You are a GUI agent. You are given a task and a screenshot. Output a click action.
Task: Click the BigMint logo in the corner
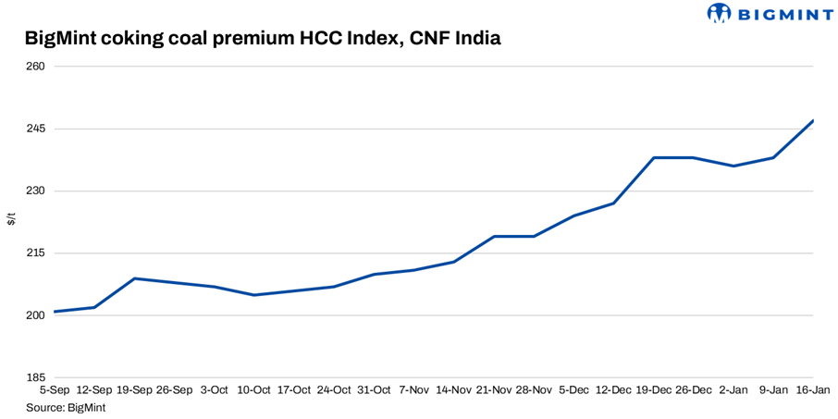click(x=770, y=13)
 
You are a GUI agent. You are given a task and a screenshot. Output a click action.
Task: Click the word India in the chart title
click(x=477, y=39)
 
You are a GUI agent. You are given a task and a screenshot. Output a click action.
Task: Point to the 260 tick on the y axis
click(x=36, y=67)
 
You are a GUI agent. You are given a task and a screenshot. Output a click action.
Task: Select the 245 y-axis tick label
click(x=36, y=129)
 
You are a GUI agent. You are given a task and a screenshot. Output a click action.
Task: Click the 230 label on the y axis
click(x=36, y=191)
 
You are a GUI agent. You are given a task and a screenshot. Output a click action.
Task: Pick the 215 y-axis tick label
click(x=36, y=253)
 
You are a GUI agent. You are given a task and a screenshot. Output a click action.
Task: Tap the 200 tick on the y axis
click(x=36, y=315)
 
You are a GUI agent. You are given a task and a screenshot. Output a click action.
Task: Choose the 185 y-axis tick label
click(x=36, y=378)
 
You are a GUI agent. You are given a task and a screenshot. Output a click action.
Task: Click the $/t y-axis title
click(x=11, y=219)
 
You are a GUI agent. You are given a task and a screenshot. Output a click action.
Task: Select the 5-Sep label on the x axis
click(x=55, y=390)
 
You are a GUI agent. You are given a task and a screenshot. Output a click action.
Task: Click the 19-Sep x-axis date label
click(x=134, y=390)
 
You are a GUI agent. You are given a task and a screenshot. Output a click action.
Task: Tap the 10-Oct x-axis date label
click(x=254, y=390)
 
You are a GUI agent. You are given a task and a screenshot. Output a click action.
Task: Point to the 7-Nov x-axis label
click(x=413, y=390)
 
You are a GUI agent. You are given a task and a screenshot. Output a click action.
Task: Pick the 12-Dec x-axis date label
click(x=613, y=390)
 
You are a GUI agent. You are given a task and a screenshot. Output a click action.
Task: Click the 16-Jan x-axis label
click(x=812, y=390)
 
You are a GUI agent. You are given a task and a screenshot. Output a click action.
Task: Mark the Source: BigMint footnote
click(x=66, y=407)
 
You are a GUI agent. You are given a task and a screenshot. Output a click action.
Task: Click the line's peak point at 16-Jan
click(x=813, y=120)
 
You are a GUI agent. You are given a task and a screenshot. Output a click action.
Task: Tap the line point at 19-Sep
click(x=135, y=278)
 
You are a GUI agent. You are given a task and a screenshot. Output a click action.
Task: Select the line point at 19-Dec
click(x=654, y=158)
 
